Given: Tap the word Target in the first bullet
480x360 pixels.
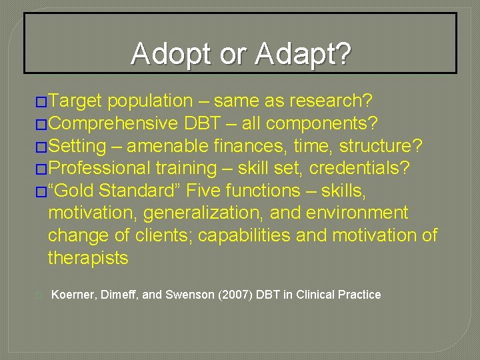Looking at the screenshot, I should pyautogui.click(x=75, y=101).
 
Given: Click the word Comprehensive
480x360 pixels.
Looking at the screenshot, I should pyautogui.click(x=112, y=123).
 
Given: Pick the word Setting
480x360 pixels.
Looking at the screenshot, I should pyautogui.click(x=77, y=146).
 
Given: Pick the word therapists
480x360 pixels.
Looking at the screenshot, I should pyautogui.click(x=88, y=258).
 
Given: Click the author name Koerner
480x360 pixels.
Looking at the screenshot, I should pyautogui.click(x=73, y=295).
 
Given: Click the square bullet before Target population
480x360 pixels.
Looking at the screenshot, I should pyautogui.click(x=41, y=102).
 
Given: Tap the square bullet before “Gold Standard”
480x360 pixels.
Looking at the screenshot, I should pyautogui.click(x=41, y=191).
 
